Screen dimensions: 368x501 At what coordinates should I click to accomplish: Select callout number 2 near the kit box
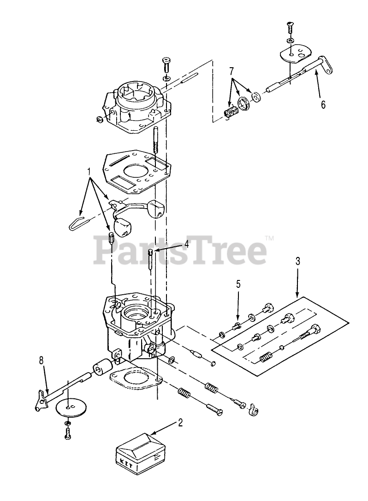tap(180, 423)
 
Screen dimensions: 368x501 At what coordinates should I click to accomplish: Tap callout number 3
tap(298, 261)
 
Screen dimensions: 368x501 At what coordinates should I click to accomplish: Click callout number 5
tap(238, 284)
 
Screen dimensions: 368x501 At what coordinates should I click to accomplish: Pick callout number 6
tap(323, 105)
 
